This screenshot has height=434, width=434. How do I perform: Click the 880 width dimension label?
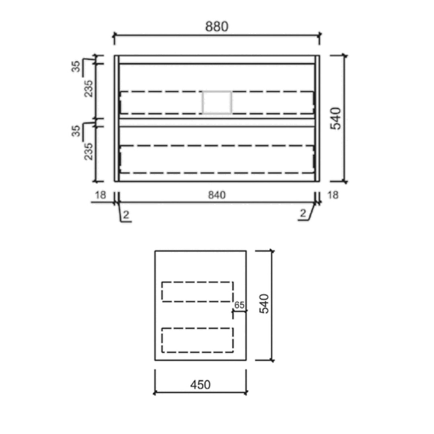[217, 27]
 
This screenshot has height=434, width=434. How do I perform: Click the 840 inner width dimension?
[217, 195]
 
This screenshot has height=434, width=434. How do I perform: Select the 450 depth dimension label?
[201, 385]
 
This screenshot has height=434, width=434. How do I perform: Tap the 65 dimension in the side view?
[240, 305]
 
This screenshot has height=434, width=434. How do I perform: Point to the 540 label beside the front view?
[336, 119]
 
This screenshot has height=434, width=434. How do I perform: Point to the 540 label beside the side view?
[264, 304]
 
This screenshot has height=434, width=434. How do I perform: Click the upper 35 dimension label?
[76, 66]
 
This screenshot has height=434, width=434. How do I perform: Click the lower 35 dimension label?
[76, 131]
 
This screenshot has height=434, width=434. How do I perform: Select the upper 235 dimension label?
[88, 88]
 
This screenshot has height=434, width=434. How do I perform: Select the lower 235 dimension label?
[88, 151]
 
